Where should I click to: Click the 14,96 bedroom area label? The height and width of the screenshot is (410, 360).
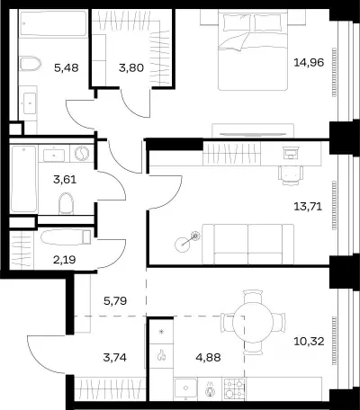309,63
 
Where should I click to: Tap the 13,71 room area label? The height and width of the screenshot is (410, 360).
308,207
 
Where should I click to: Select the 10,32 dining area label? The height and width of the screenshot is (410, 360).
309,341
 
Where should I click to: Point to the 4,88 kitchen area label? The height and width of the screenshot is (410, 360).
208,357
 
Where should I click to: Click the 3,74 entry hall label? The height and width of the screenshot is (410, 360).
114,357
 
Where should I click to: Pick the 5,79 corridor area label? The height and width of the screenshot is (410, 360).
115,300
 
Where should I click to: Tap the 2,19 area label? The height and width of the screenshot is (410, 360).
65,260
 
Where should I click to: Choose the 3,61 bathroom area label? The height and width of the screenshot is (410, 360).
65,180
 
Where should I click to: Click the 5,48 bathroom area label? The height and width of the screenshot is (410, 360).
67,67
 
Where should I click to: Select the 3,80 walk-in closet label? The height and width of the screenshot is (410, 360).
131,67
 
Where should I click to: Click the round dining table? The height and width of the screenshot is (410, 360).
253,323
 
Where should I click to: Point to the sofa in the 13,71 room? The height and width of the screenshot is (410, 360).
248,245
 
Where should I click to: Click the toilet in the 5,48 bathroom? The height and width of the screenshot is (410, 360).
30,64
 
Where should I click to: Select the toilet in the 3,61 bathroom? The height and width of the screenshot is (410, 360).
67,203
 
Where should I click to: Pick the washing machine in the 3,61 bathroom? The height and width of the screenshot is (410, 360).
82,154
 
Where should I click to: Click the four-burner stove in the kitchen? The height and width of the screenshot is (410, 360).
235,389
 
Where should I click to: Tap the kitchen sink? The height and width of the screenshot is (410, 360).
185,388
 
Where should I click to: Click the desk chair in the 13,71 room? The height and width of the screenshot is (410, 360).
291,175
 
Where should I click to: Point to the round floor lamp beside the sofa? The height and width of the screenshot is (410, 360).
183,245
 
